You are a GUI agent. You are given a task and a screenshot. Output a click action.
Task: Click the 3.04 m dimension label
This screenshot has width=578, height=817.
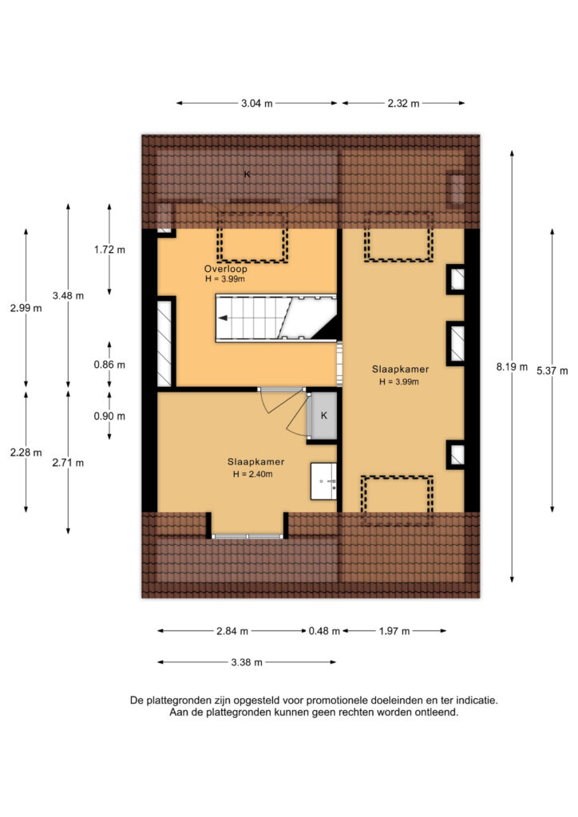256,103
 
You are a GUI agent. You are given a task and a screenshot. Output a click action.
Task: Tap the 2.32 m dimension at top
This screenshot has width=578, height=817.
403,103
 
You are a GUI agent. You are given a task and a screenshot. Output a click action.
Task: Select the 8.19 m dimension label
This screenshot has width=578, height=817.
512,367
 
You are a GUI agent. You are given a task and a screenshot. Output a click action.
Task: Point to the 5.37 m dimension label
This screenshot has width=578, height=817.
552,371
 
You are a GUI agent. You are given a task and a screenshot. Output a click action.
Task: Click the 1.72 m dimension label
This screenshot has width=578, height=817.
109,250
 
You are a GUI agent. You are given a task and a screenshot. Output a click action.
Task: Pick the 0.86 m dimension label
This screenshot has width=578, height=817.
109,365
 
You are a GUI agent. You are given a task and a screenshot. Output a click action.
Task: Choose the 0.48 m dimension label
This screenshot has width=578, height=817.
324,631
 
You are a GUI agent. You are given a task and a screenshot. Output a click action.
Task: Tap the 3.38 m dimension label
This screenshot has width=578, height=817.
247,662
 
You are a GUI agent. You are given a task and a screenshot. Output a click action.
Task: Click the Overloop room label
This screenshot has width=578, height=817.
226,269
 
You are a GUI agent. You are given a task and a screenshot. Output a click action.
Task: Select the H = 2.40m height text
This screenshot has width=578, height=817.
253,474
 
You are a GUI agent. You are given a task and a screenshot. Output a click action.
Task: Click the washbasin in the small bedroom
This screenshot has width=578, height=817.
323,481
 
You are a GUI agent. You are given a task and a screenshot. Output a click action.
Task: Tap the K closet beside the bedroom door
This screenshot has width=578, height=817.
323,416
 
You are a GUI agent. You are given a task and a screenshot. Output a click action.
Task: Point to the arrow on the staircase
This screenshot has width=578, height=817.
223,318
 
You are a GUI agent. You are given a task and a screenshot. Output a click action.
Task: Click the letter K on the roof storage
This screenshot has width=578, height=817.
247,174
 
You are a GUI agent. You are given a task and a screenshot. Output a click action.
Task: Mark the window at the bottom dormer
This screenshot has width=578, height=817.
247,536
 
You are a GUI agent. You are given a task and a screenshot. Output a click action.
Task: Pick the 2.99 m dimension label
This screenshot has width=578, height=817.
26,308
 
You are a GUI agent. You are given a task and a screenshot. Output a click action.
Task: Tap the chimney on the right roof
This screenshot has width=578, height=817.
456,187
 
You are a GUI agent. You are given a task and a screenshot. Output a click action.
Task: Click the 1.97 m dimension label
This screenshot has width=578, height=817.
394,631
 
